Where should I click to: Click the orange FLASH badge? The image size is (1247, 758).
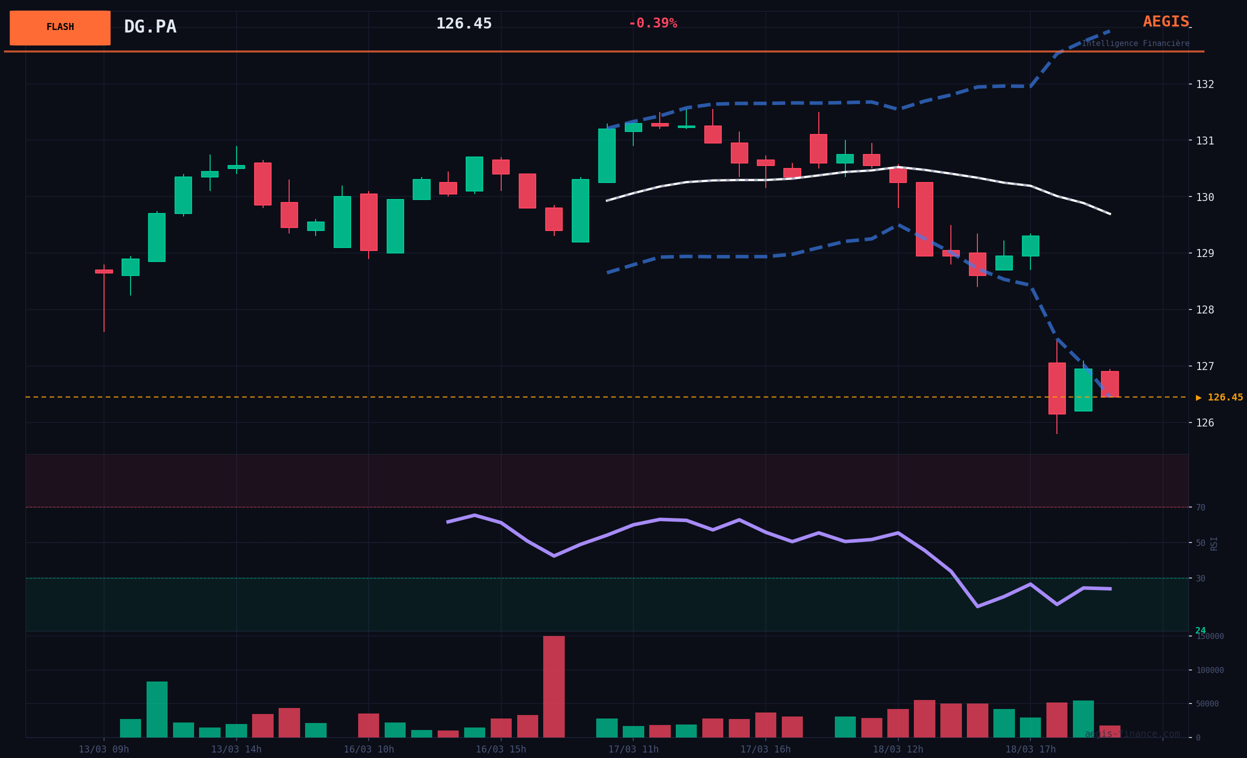coord(60,28)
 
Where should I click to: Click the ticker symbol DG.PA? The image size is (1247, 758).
coord(150,27)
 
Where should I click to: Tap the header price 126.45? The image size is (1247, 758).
coord(464,24)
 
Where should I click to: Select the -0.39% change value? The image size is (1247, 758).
coord(652,23)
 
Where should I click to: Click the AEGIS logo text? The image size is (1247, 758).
coord(1165,22)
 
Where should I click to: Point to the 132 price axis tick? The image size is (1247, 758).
coord(1205,84)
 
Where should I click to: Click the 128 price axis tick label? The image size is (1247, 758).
coord(1205,309)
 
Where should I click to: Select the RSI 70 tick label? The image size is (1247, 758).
coord(1200,507)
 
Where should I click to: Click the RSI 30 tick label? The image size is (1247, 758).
coord(1200,578)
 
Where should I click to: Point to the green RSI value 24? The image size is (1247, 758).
coord(1200,631)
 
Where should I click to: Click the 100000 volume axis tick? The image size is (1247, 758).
coord(1209,670)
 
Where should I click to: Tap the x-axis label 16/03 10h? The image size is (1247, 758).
coord(369,749)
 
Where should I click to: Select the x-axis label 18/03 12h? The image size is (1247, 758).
coord(898,749)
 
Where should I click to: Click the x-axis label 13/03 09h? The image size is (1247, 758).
coord(104,749)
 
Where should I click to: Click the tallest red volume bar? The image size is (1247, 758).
coord(554,686)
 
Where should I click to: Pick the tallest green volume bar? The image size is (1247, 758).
coord(157,709)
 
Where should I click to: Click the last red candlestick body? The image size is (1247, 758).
coord(1110,384)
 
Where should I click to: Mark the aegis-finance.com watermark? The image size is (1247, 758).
coord(1131,734)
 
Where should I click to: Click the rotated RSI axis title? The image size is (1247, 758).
coord(1213,543)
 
